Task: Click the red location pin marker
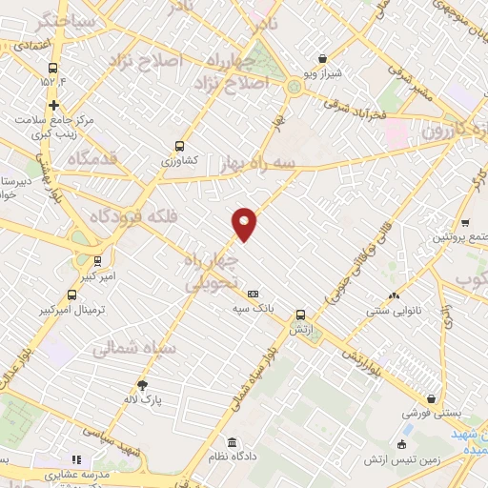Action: [x=244, y=223]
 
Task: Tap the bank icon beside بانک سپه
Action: [x=253, y=295]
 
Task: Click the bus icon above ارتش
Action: [x=300, y=314]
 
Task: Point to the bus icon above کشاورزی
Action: [x=179, y=147]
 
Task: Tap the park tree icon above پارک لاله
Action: [x=142, y=385]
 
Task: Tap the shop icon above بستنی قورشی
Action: [x=434, y=399]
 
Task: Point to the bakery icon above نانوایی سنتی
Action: [x=394, y=295]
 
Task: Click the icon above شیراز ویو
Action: [x=322, y=59]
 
